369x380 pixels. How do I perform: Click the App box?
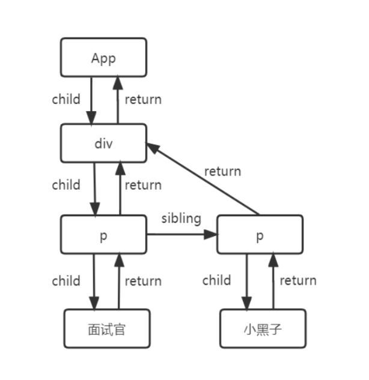click(x=103, y=58)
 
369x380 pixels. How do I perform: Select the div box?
click(x=103, y=143)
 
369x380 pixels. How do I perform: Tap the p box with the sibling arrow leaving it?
click(x=103, y=234)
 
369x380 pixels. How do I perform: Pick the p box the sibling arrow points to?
click(x=260, y=234)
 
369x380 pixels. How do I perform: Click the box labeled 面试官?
click(x=107, y=328)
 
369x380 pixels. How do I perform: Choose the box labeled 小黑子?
click(x=263, y=328)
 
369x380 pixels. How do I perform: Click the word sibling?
click(x=181, y=219)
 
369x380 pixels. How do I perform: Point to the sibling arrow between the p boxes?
click(x=182, y=234)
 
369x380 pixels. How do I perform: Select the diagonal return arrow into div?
click(x=203, y=179)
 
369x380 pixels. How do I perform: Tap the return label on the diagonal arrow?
click(x=223, y=171)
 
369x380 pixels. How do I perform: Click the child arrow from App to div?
click(x=91, y=101)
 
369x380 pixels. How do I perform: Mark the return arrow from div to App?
click(x=118, y=100)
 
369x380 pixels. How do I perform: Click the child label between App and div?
click(x=66, y=99)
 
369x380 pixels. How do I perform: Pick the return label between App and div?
click(x=143, y=100)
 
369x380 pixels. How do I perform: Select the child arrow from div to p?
click(x=94, y=189)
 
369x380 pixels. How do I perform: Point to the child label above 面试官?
click(x=66, y=280)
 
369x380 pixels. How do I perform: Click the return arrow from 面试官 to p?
click(x=119, y=281)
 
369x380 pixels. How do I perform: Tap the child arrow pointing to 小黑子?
click(x=247, y=282)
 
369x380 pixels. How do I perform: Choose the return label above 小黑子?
click(x=298, y=280)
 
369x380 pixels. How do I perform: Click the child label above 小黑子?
click(x=216, y=280)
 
